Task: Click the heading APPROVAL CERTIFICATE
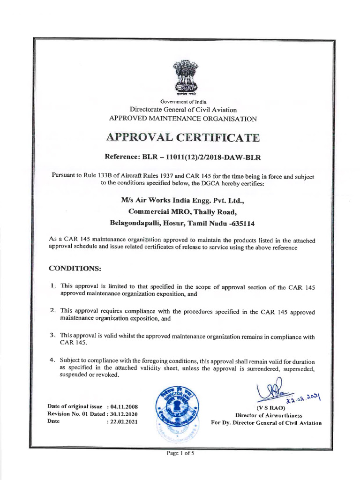pyautogui.click(x=183, y=138)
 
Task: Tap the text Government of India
pyautogui.click(x=183, y=102)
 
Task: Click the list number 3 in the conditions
pyautogui.click(x=52, y=336)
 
